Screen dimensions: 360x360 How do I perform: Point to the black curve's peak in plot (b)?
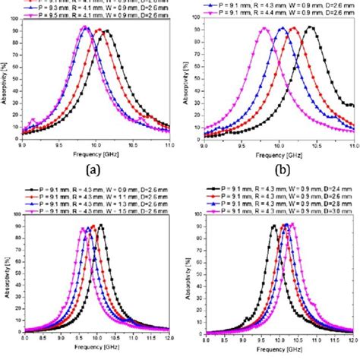[310, 27]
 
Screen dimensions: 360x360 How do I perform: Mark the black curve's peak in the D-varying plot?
[273, 225]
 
